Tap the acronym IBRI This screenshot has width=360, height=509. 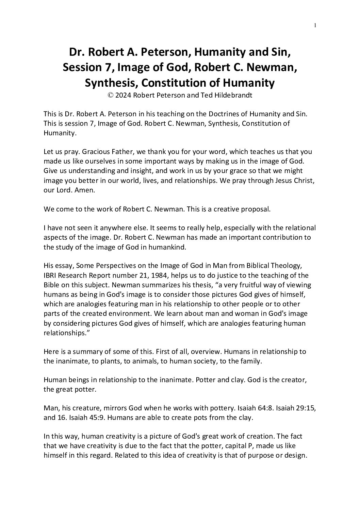[51, 276]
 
